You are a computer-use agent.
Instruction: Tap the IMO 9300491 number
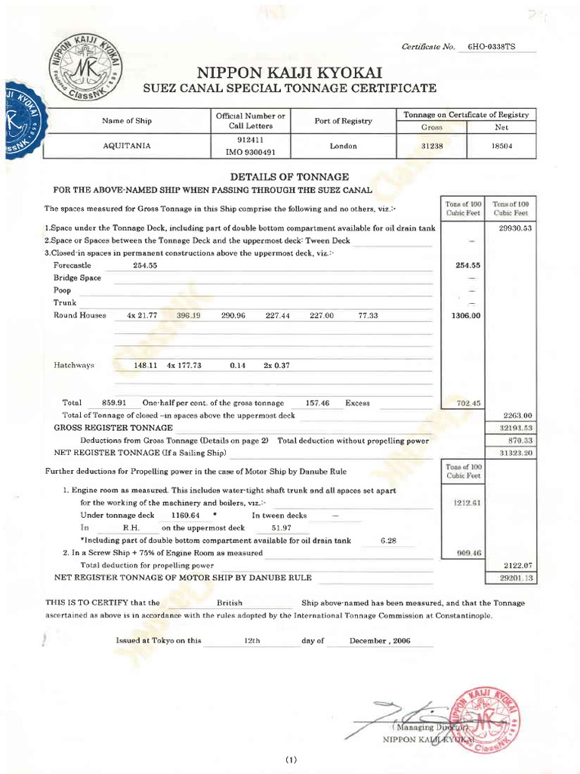[x=249, y=151]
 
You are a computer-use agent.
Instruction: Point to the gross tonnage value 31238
[x=431, y=146]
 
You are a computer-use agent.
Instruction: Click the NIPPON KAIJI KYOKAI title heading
[x=290, y=73]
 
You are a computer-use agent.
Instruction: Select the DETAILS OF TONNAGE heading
[x=289, y=176]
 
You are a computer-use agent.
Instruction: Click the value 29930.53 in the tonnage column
[x=511, y=228]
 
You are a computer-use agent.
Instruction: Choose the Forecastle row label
[x=72, y=266]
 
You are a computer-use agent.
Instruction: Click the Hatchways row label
[x=73, y=365]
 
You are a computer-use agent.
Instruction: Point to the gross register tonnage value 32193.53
[x=511, y=428]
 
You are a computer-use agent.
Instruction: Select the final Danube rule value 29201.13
[x=511, y=578]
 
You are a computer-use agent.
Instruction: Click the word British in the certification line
[x=229, y=603]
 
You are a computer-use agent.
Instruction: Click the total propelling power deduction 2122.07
[x=511, y=565]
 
